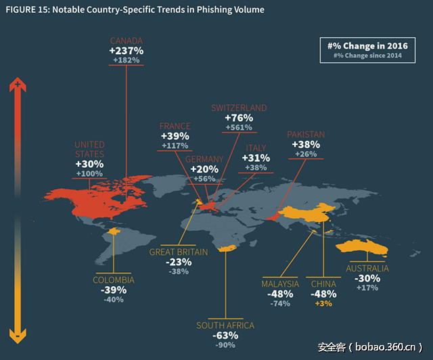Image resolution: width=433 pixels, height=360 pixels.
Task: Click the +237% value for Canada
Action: (x=127, y=51)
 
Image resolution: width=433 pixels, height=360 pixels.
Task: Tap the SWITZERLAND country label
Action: (x=239, y=108)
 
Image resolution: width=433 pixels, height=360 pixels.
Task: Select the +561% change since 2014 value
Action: (x=239, y=127)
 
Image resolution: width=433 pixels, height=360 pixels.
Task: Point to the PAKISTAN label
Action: (x=306, y=135)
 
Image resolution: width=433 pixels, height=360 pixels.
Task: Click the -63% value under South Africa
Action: (x=225, y=335)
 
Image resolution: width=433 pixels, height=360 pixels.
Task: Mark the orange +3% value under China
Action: (x=323, y=304)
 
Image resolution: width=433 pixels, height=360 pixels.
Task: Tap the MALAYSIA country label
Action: (x=280, y=284)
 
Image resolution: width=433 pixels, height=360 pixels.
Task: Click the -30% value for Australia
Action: (x=367, y=278)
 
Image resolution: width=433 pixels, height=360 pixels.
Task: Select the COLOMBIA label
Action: (x=114, y=280)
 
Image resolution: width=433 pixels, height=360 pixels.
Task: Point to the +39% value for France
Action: (x=175, y=136)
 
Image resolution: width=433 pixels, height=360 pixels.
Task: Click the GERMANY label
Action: (x=204, y=159)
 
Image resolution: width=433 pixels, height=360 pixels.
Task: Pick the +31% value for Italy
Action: (x=256, y=158)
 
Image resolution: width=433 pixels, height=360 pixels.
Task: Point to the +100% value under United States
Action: (x=89, y=174)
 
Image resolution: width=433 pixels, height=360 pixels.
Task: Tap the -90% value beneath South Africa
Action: (x=225, y=346)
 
